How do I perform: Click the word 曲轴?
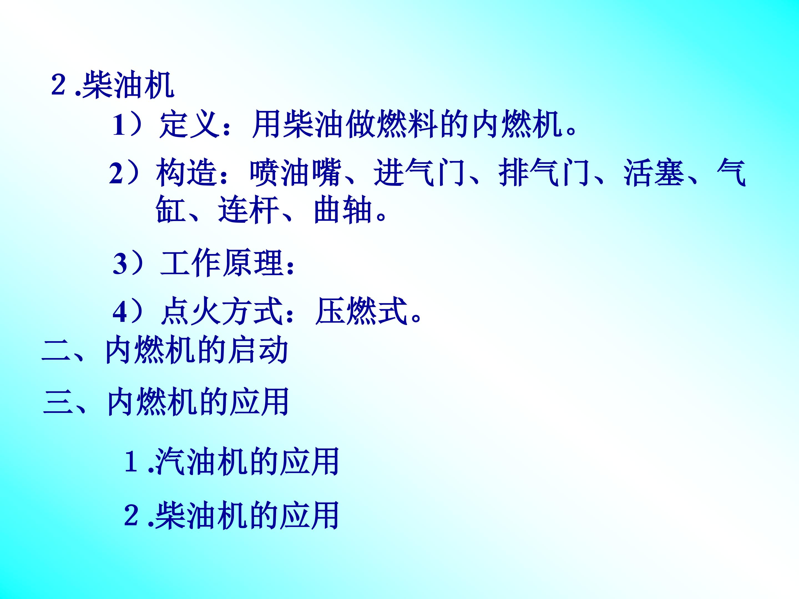(343, 210)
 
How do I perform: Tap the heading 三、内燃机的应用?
(166, 402)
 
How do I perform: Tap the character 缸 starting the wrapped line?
(171, 210)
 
